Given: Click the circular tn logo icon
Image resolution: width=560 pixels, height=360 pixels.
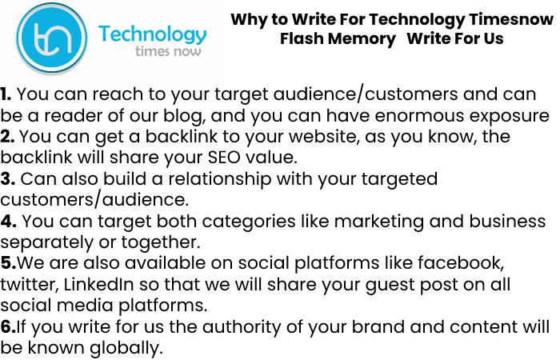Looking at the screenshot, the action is [52, 38].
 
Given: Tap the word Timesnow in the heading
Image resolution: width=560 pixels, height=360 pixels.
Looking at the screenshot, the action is [511, 19].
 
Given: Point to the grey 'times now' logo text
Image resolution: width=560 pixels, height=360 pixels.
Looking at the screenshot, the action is [168, 51].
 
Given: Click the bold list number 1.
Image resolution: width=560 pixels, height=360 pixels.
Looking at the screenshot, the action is [6, 94].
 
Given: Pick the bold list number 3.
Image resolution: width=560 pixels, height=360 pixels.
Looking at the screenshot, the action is [7, 178].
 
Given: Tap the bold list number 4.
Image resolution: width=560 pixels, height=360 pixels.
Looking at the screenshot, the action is [8, 221].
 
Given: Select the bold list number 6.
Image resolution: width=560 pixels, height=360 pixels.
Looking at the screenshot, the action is [8, 326].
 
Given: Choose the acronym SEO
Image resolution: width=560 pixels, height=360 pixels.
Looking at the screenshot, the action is [223, 158].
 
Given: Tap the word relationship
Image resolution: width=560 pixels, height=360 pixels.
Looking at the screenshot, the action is [220, 179].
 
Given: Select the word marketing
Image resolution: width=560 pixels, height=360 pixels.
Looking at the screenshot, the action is [379, 222].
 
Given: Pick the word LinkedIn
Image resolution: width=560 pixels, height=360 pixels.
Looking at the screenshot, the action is [98, 285].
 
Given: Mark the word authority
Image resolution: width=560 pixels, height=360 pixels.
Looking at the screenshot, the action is [242, 327].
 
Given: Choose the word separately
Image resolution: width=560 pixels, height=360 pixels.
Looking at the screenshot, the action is [46, 243].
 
